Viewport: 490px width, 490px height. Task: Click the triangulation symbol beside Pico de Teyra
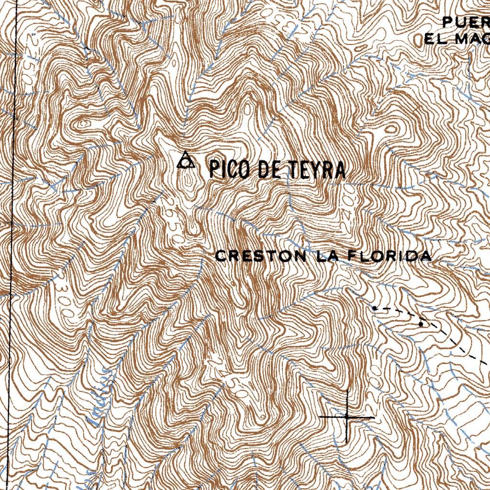(x=185, y=161)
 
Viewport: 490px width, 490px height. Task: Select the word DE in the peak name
(x=271, y=169)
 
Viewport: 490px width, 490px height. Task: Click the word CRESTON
(x=261, y=256)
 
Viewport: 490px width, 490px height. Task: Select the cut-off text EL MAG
(x=457, y=39)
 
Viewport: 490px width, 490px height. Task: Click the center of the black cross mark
(x=347, y=417)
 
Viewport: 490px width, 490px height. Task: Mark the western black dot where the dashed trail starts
(x=375, y=308)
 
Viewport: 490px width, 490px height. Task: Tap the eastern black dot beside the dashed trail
(x=421, y=324)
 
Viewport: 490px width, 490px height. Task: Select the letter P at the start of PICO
(x=213, y=169)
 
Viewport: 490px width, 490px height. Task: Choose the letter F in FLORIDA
(x=351, y=256)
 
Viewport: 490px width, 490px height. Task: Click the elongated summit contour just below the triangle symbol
(x=190, y=182)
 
